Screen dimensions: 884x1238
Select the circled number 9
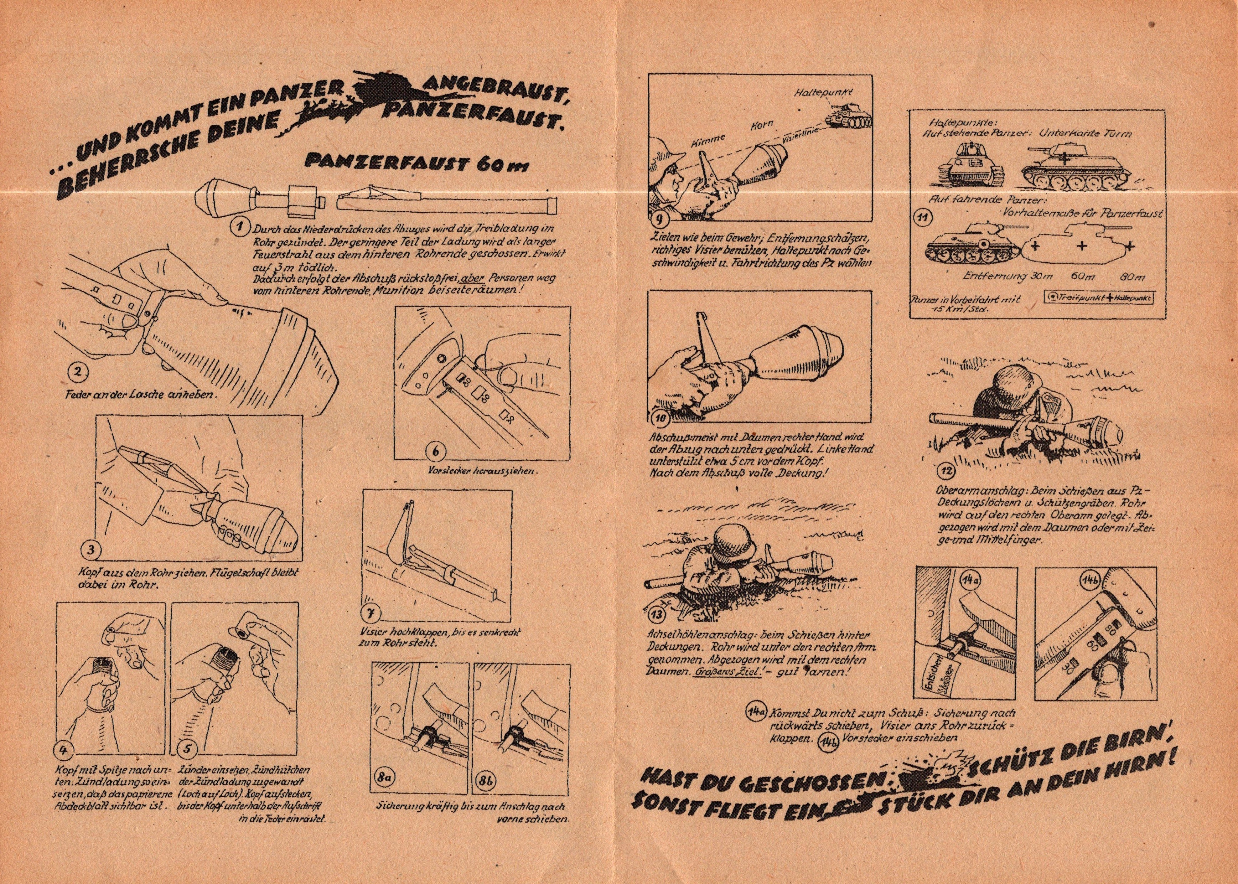[659, 219]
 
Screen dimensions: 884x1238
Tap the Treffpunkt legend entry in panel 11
[1069, 298]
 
